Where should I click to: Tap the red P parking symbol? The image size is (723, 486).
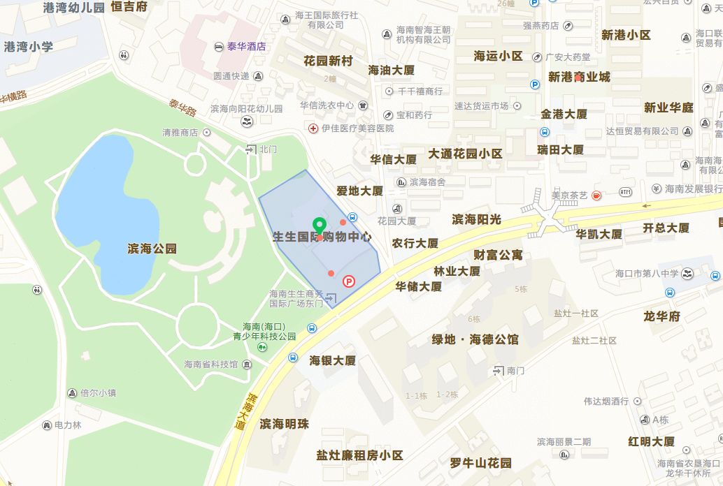click(x=348, y=281)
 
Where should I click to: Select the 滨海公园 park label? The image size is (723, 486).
click(x=152, y=249)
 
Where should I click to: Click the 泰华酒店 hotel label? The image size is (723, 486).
click(x=245, y=47)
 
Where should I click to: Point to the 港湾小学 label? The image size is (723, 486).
click(x=28, y=47)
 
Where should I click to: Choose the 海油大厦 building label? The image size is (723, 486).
click(x=392, y=71)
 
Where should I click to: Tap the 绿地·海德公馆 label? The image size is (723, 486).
click(x=475, y=339)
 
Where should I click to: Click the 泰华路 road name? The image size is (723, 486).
click(x=182, y=108)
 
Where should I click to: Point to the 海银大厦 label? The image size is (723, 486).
click(x=333, y=360)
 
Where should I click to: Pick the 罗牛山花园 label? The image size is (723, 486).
click(x=480, y=462)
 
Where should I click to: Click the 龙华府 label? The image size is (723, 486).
click(x=661, y=316)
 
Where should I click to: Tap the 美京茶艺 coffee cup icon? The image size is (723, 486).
click(x=596, y=196)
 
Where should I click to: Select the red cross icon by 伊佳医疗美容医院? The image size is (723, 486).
click(x=314, y=128)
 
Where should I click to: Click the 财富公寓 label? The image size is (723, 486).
click(x=498, y=255)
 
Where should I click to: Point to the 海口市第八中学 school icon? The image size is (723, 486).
click(x=688, y=273)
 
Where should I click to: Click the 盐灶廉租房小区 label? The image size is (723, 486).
click(x=359, y=455)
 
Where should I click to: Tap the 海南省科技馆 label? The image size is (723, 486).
click(x=211, y=364)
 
